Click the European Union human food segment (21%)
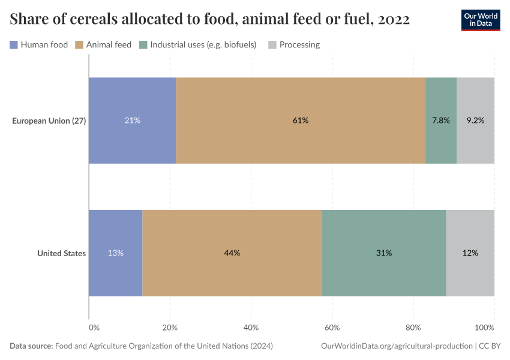pos(132,121)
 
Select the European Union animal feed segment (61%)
pos(301,121)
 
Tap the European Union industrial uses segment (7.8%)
pos(441,121)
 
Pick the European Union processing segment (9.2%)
pos(475,121)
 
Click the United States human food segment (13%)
pos(115,253)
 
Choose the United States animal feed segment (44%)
pos(232,253)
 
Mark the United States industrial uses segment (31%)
pos(384,253)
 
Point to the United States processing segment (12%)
pos(470,253)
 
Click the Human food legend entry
pos(39,44)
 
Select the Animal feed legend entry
pos(103,44)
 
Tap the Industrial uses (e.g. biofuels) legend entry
pos(198,44)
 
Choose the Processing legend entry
pos(294,44)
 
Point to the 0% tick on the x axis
pos(94,328)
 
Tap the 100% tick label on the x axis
pos(484,328)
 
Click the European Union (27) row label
pos(49,121)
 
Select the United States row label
pos(61,253)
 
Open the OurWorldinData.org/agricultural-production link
pos(397,346)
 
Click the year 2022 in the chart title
pos(394,20)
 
